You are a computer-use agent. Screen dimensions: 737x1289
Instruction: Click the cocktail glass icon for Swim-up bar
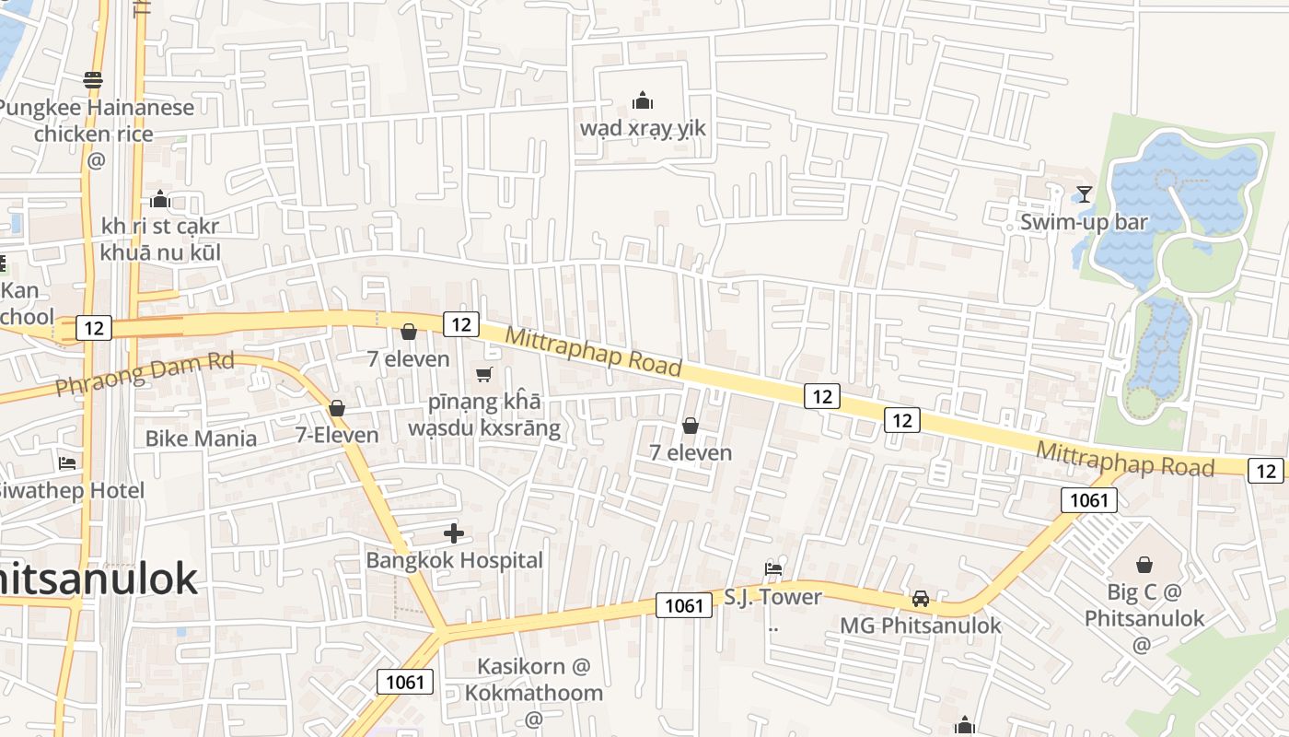coord(1085,193)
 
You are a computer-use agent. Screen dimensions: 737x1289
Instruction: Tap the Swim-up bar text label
coord(1084,222)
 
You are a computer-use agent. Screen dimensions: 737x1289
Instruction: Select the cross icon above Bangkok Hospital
coord(454,532)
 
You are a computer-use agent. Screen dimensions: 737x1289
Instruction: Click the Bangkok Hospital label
coord(454,560)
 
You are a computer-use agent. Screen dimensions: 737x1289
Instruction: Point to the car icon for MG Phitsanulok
coord(920,599)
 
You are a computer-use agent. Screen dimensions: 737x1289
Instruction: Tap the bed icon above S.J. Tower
coord(773,569)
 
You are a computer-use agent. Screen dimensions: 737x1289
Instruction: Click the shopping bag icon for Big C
coord(1144,564)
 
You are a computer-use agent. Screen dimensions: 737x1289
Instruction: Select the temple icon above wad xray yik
coord(643,99)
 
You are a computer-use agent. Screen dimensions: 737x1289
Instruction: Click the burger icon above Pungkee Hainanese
coord(92,80)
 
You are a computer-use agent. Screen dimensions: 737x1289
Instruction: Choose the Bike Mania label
coord(201,439)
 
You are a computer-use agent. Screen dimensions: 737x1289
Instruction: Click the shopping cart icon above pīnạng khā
coord(483,374)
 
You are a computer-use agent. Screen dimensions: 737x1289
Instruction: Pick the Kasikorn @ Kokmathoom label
coord(534,679)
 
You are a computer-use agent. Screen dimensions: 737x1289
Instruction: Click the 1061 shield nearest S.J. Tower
coord(684,605)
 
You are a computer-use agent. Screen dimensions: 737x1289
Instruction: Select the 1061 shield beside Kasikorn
coord(404,682)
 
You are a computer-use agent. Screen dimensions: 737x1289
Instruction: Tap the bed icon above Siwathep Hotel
coord(67,462)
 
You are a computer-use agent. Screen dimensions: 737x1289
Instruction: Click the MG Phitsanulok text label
coord(920,626)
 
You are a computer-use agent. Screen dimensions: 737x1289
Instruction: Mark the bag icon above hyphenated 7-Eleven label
coord(337,408)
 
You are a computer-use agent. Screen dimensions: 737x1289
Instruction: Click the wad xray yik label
coord(643,128)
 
